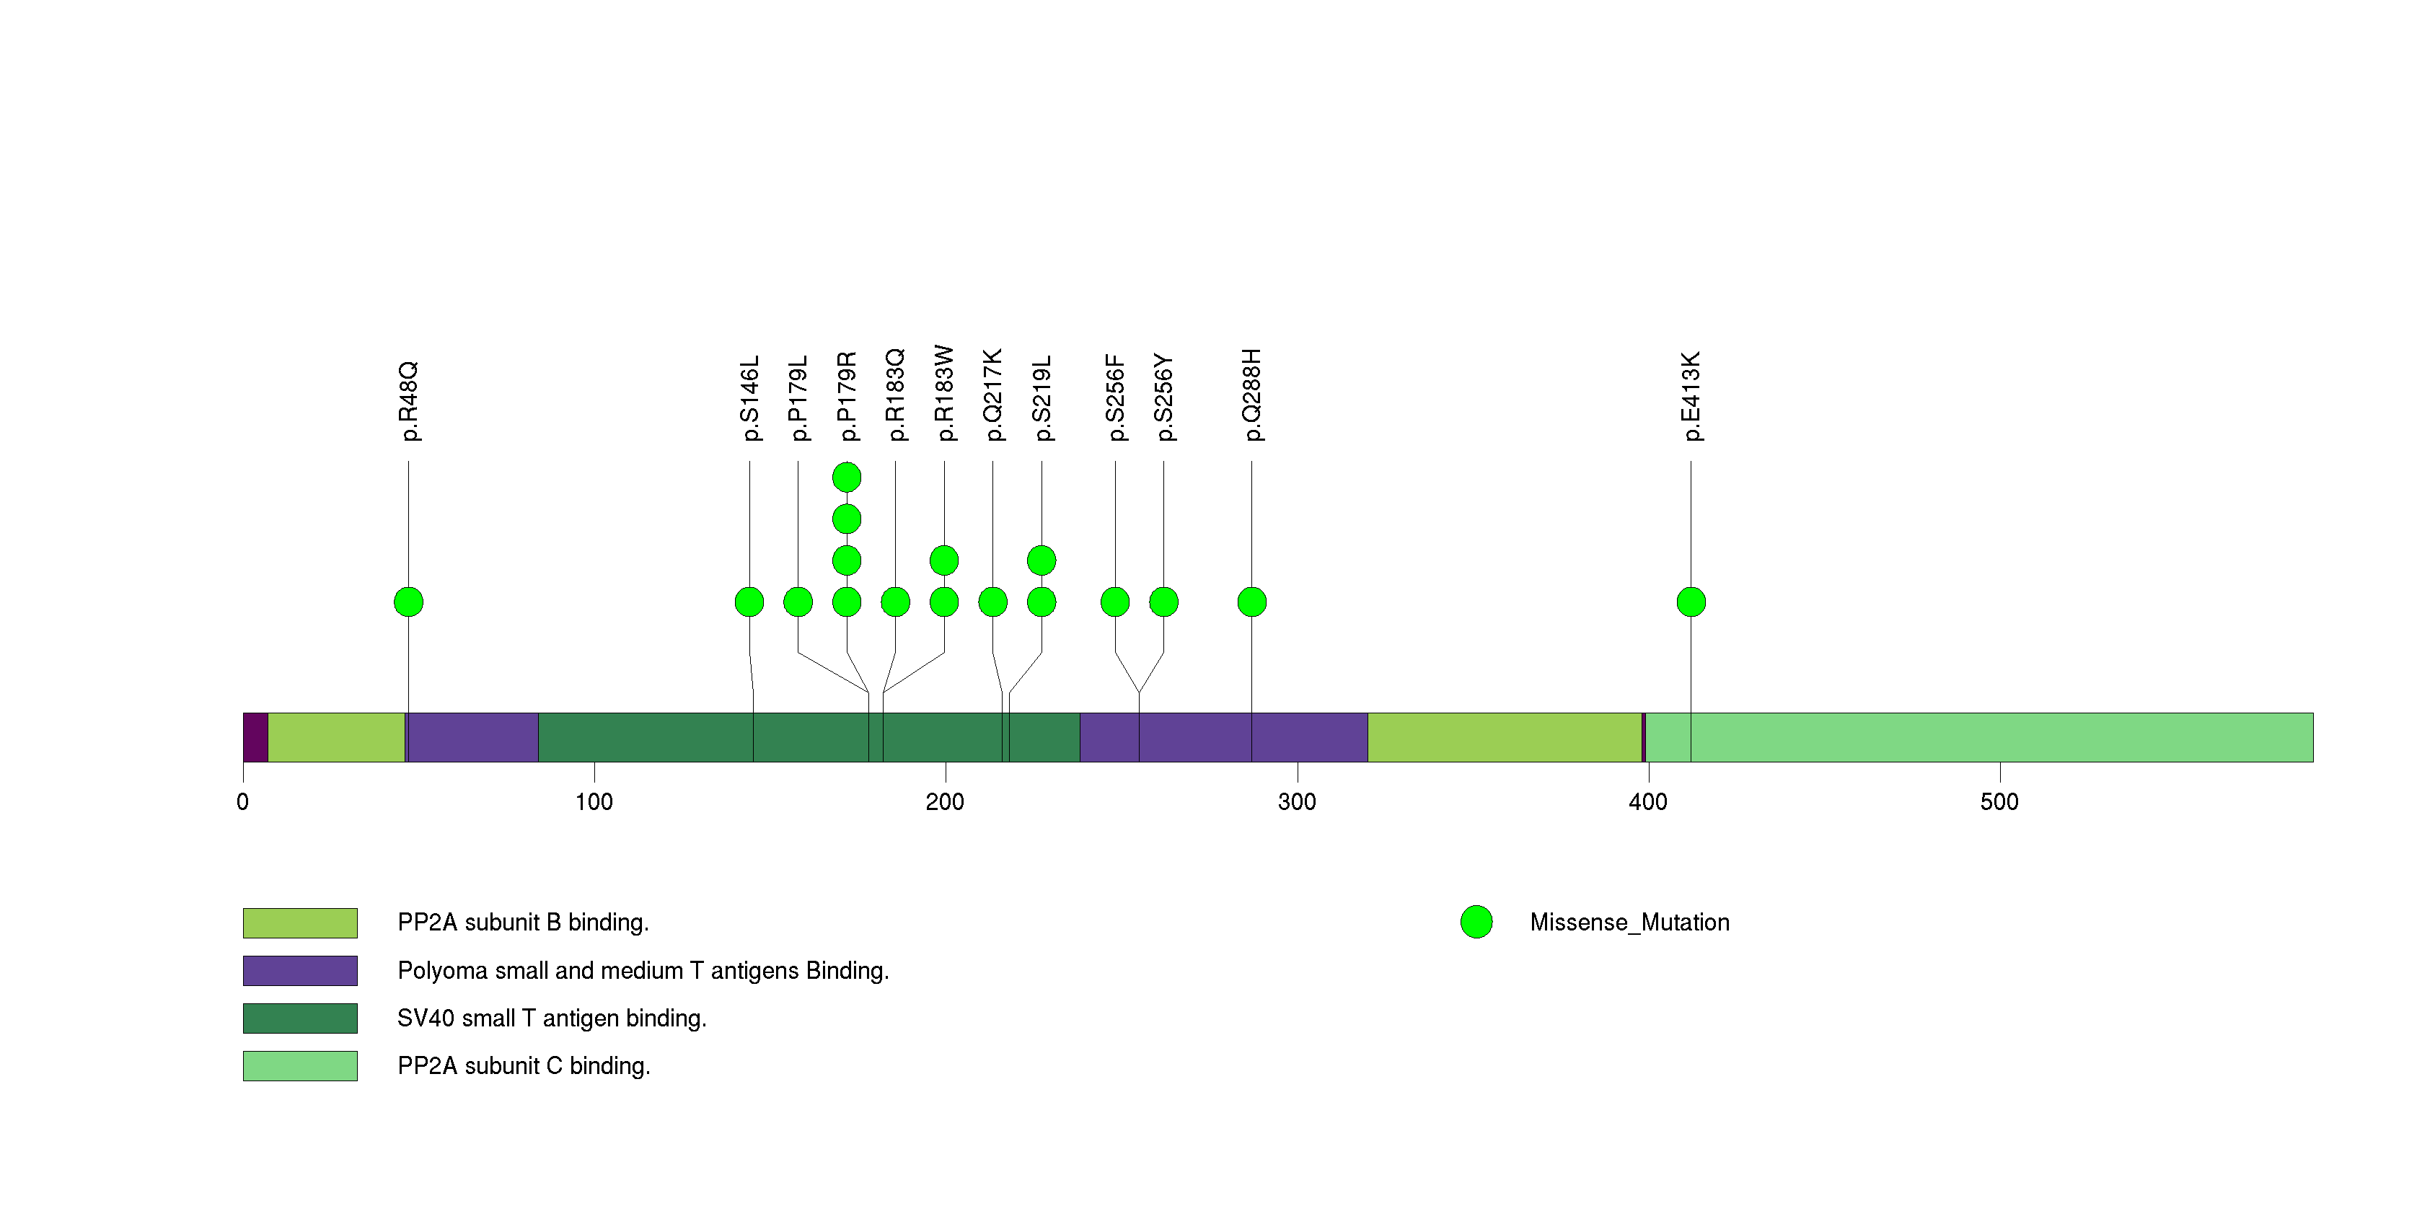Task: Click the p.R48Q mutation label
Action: (x=408, y=400)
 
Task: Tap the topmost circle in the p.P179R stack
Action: (x=847, y=478)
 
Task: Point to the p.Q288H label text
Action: (x=1251, y=395)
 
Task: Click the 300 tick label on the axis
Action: (x=1296, y=802)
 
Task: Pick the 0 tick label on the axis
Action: (x=243, y=802)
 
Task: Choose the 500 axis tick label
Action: (x=1999, y=802)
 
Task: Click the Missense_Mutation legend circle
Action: (x=1476, y=923)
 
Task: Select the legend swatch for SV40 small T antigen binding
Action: (x=299, y=1018)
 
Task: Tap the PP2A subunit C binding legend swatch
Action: (x=299, y=1066)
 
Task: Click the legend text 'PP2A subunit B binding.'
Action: (x=523, y=923)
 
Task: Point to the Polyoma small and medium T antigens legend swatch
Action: (x=299, y=970)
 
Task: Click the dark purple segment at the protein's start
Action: (x=255, y=737)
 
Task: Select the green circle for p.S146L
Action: (x=749, y=602)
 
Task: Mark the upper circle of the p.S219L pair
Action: (x=1042, y=560)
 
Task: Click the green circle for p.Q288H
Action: (x=1251, y=602)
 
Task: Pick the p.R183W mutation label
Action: (x=944, y=393)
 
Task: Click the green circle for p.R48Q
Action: (x=408, y=602)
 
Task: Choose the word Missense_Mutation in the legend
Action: (x=1629, y=923)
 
